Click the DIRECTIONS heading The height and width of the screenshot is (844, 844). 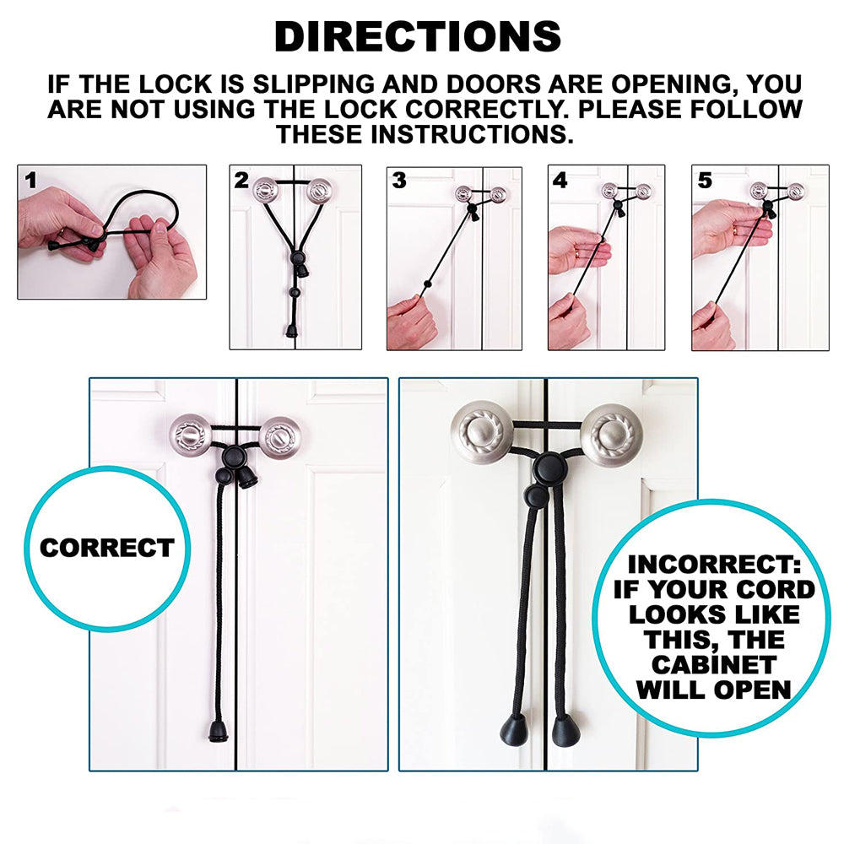click(418, 37)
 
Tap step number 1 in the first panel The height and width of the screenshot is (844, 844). click(31, 180)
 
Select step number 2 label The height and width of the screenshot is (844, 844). click(242, 180)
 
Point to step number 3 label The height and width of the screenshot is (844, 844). click(399, 180)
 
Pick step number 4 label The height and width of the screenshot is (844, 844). click(560, 180)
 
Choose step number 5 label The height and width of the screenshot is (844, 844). click(705, 180)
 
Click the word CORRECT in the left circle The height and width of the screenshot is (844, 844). click(106, 548)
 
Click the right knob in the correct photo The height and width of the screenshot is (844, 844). click(279, 437)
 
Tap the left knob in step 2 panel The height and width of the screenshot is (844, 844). click(268, 190)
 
